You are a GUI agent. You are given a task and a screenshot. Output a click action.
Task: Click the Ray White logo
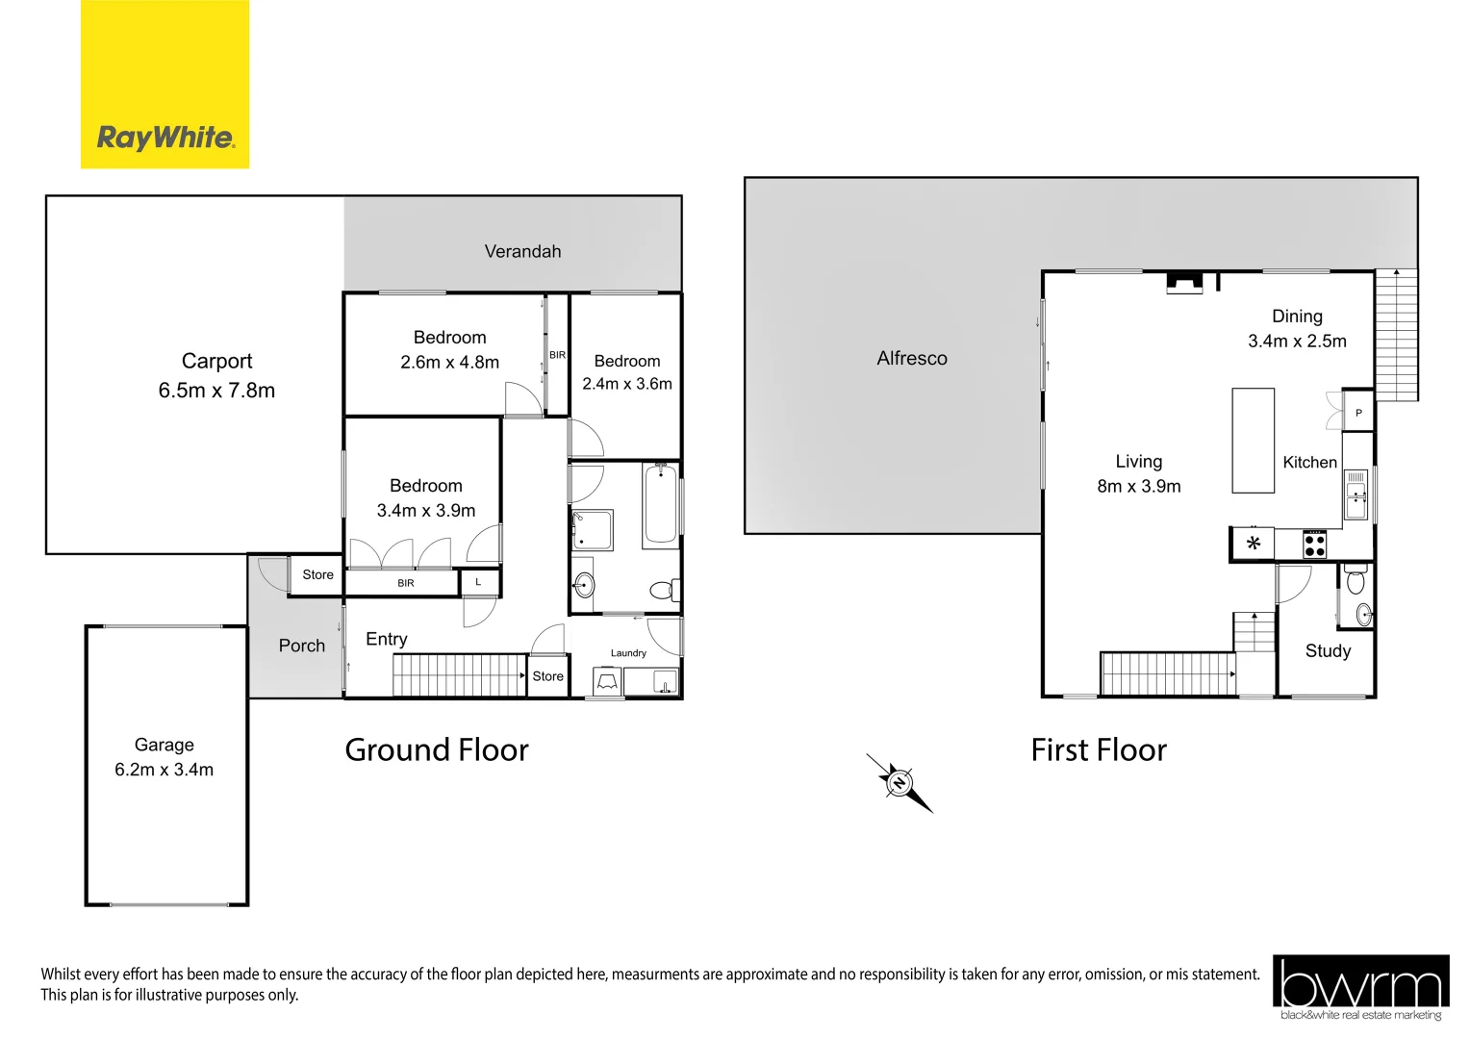point(165,85)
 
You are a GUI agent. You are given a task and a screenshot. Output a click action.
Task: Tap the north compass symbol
point(900,783)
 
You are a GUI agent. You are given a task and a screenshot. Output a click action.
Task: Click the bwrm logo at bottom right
point(1360,987)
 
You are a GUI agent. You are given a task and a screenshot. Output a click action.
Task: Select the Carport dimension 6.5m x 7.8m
point(216,391)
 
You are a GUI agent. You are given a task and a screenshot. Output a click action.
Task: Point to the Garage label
point(164,745)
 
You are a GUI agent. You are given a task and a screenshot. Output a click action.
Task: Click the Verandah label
point(522,251)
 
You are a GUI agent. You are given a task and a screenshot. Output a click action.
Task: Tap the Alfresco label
point(911,358)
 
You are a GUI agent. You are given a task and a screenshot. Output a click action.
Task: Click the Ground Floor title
point(437,749)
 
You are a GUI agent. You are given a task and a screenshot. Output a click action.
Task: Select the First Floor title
point(1098,749)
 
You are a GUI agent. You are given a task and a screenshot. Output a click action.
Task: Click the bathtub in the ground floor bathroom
point(660,504)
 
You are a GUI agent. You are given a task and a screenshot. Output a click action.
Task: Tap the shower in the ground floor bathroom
point(593,530)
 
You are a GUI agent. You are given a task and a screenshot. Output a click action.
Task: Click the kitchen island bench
point(1253,441)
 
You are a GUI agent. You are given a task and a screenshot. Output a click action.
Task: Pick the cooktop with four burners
point(1314,545)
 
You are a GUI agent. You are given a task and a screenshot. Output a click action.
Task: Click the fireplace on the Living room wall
point(1184,282)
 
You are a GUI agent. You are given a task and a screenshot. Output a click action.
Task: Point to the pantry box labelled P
point(1357,412)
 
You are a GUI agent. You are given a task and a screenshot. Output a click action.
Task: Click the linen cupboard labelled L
point(478,582)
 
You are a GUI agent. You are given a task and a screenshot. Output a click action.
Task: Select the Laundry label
point(628,653)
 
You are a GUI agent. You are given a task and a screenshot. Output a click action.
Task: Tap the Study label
point(1328,651)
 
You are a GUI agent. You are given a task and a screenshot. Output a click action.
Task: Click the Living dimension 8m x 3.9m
point(1138,487)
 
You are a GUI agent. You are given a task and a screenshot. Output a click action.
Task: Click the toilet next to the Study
point(1356,581)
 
